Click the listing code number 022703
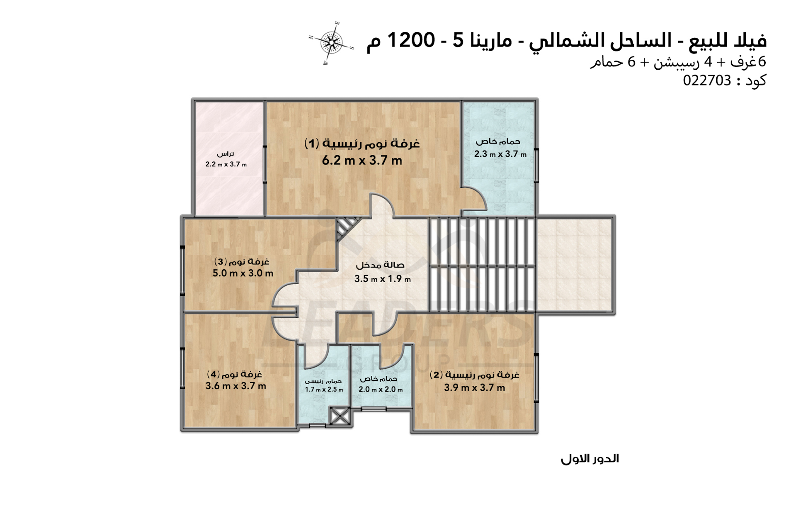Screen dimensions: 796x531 point(707,80)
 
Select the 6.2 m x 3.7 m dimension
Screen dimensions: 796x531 point(362,160)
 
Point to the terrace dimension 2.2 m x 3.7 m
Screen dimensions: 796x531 point(226,164)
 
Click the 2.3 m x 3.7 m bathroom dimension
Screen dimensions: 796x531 point(500,154)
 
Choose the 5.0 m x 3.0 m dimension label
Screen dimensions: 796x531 point(243,273)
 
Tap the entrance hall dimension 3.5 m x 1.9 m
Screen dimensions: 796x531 point(382,279)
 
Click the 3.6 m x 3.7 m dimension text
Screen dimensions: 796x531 point(235,386)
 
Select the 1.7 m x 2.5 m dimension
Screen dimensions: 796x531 point(324,390)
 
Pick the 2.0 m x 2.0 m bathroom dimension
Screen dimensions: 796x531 point(380,390)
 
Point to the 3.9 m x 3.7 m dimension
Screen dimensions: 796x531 point(474,387)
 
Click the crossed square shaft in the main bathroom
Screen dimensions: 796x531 point(340,416)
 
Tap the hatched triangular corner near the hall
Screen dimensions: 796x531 point(344,228)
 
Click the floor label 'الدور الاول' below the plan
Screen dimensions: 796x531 point(590,459)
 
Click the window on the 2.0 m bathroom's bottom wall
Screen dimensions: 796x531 point(374,409)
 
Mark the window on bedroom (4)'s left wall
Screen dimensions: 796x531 point(182,368)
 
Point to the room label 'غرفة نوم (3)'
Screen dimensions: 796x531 point(242,261)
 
